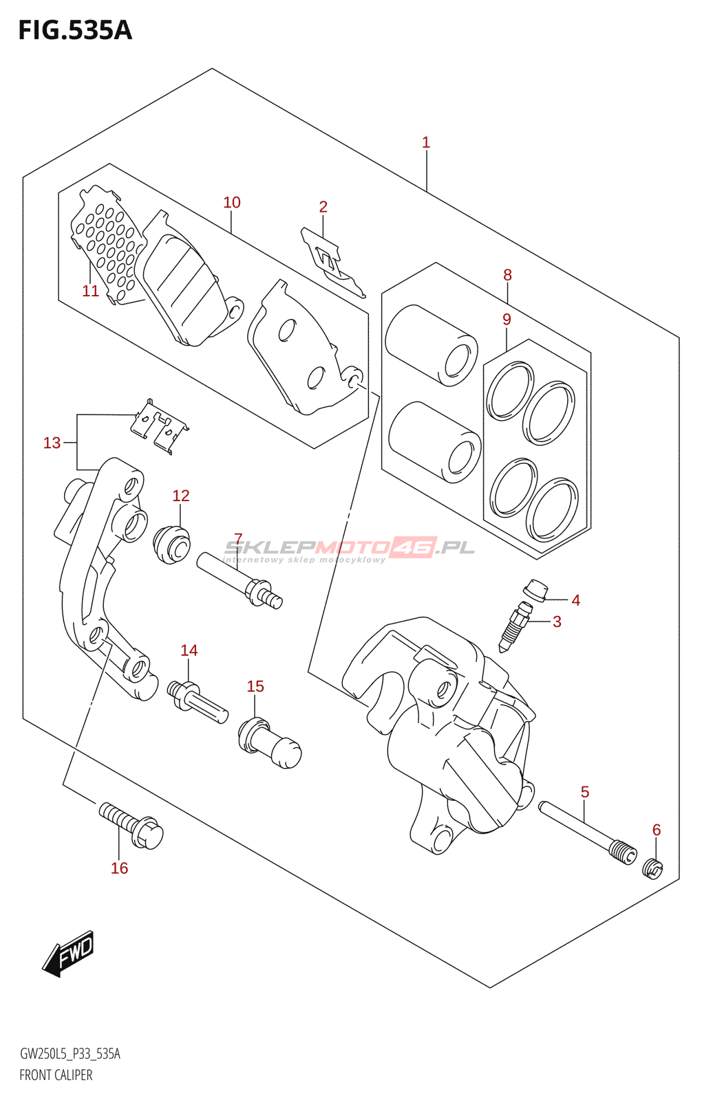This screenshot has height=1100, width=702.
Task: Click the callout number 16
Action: pos(120,868)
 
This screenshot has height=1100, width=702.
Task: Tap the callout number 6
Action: pos(657,829)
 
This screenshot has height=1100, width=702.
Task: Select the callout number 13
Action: pos(52,443)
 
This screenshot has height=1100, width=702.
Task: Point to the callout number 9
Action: pos(507,319)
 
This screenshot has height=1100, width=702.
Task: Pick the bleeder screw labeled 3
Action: pos(515,628)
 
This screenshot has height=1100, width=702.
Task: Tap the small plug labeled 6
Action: pos(653,870)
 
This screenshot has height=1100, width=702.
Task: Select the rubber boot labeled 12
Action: pos(171,544)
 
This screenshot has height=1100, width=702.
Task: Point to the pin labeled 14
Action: pos(198,702)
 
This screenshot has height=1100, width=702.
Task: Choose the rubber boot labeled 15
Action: pos(269,742)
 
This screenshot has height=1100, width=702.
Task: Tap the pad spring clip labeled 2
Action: pos(333,262)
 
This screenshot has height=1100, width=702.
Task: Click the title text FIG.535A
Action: pos(75,31)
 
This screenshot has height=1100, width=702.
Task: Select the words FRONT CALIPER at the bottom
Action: pos(56,1075)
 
